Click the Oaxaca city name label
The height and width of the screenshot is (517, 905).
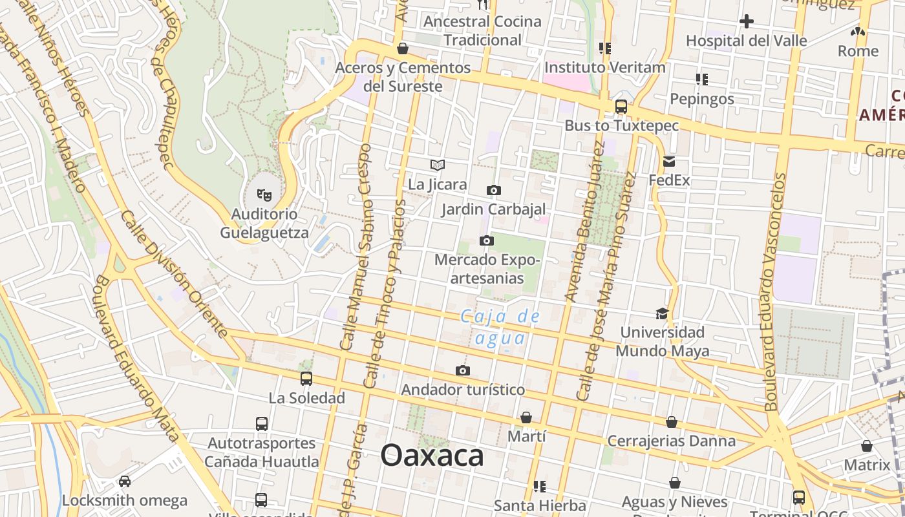click(x=432, y=456)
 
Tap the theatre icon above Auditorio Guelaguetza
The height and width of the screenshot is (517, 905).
click(x=264, y=194)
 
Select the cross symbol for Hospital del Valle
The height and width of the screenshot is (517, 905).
click(x=747, y=21)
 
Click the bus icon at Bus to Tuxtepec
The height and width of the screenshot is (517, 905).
click(x=621, y=107)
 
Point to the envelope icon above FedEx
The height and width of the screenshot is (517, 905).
click(x=669, y=162)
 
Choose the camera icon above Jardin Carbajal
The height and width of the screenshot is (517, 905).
click(x=494, y=190)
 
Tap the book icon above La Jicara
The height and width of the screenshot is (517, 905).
click(x=438, y=165)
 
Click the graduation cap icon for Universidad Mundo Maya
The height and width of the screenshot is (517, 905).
click(x=662, y=313)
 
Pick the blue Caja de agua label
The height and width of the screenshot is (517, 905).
click(x=499, y=328)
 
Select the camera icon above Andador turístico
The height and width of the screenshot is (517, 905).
click(x=463, y=370)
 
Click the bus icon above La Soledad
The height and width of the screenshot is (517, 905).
click(x=306, y=379)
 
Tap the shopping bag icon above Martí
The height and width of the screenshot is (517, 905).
click(x=526, y=417)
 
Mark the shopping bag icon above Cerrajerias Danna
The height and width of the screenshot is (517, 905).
click(x=672, y=422)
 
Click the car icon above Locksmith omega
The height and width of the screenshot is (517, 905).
click(x=125, y=481)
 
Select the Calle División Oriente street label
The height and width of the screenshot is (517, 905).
click(x=174, y=274)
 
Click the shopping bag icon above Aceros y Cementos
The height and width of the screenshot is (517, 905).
click(x=403, y=48)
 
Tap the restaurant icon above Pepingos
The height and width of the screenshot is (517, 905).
click(x=702, y=79)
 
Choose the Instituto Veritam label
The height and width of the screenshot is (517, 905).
click(x=604, y=67)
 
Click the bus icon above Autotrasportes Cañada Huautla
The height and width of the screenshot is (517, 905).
click(x=262, y=424)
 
